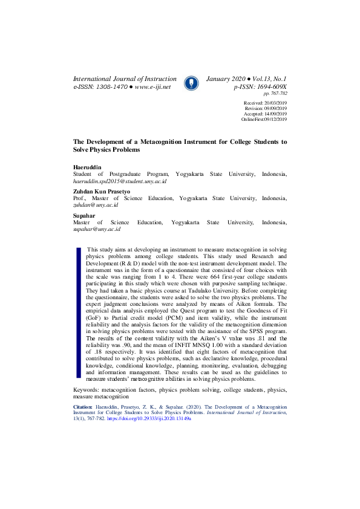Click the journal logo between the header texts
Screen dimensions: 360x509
[191, 83]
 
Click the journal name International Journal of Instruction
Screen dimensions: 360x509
[125, 79]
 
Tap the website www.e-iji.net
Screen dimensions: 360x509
[152, 87]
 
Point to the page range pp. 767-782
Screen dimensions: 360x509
[275, 94]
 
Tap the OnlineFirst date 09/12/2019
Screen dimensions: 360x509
[275, 120]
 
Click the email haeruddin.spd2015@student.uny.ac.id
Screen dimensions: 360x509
[119, 181]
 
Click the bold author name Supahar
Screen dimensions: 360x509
[83, 216]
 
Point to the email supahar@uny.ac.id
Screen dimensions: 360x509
[97, 230]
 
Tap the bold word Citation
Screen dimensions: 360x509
[83, 409]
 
